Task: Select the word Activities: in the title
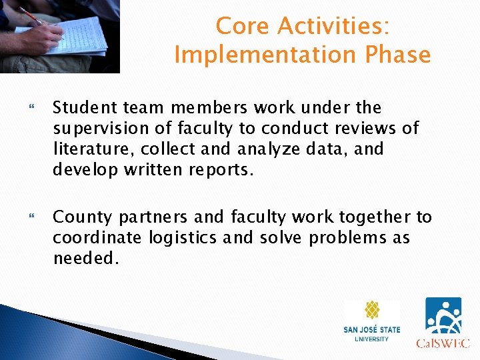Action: pos(334,26)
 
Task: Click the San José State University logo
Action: pos(372,322)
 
